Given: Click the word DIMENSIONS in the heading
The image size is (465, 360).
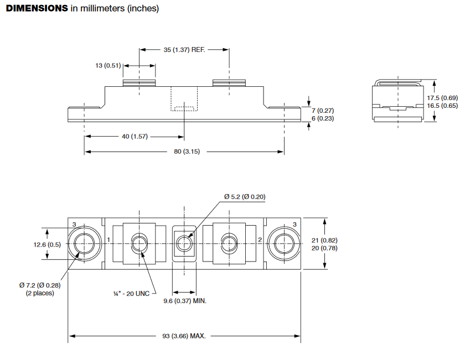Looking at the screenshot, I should [x=37, y=9].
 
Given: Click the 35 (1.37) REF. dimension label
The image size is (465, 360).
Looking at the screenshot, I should [x=184, y=50].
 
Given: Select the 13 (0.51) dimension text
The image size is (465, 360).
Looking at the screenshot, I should [x=108, y=66].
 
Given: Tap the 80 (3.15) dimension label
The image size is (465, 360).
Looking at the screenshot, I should [x=184, y=152].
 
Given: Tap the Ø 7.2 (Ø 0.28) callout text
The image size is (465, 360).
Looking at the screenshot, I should [x=40, y=285].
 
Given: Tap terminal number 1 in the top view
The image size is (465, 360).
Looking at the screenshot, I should [x=109, y=240].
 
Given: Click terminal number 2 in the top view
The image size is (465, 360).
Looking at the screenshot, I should [x=260, y=240].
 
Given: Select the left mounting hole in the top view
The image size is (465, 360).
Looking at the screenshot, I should [x=85, y=242].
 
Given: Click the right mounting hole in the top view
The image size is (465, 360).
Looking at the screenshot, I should [x=283, y=242].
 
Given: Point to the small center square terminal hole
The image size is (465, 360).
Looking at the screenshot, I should [x=184, y=242].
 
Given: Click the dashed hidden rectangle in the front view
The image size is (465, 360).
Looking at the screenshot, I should [x=184, y=107].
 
